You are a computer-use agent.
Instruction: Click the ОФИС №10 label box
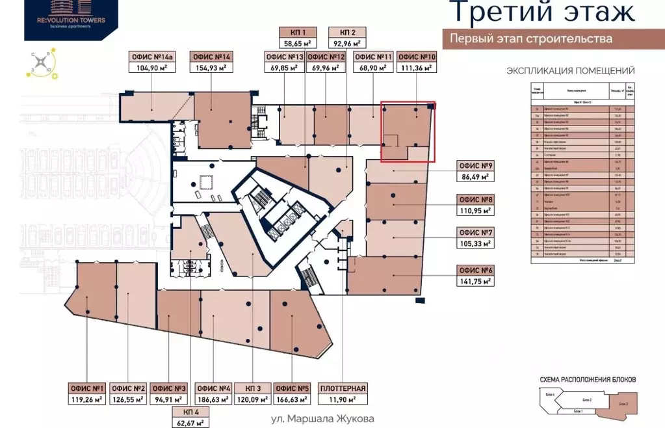coord(417,57)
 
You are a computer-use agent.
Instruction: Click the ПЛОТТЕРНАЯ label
coord(343,389)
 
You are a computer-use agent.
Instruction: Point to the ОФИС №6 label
coord(476,270)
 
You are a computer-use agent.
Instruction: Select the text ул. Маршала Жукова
coord(322,420)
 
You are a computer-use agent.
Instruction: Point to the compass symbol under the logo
coord(43,64)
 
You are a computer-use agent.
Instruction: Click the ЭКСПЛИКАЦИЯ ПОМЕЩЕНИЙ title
coord(570,71)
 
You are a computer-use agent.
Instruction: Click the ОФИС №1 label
coord(86,389)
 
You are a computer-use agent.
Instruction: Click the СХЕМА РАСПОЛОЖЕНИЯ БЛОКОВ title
coord(587,379)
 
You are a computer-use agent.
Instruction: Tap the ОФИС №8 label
coord(476,200)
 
